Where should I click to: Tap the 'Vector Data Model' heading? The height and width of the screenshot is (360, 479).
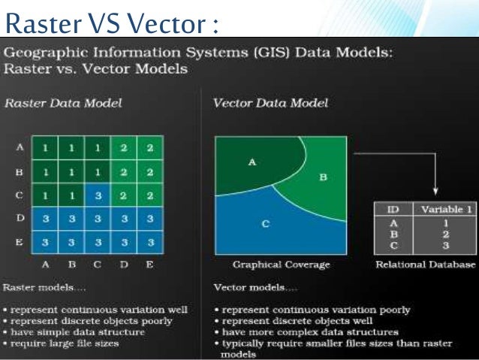(x=270, y=103)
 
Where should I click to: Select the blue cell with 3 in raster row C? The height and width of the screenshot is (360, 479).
(x=97, y=195)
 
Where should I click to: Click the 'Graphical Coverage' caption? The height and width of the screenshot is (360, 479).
(x=280, y=265)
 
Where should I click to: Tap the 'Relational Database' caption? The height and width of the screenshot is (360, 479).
(x=424, y=265)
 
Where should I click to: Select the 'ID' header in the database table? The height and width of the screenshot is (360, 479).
(x=393, y=210)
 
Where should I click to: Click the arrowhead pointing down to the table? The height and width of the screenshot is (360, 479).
(x=435, y=190)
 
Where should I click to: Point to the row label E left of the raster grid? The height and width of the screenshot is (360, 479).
(x=20, y=242)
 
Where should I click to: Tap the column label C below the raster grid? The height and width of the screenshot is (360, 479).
(x=97, y=265)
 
